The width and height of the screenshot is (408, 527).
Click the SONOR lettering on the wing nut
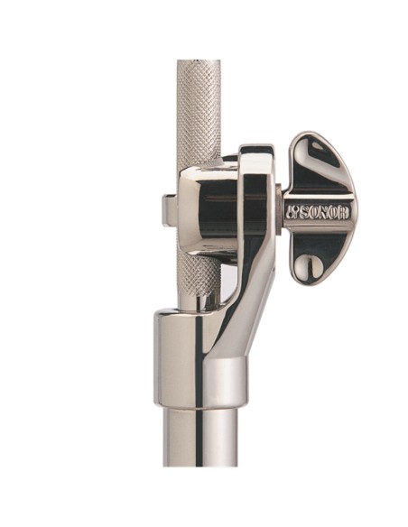318,212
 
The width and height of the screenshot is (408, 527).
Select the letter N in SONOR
325,213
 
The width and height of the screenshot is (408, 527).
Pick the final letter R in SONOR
345,212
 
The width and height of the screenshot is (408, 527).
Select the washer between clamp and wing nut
279,209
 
